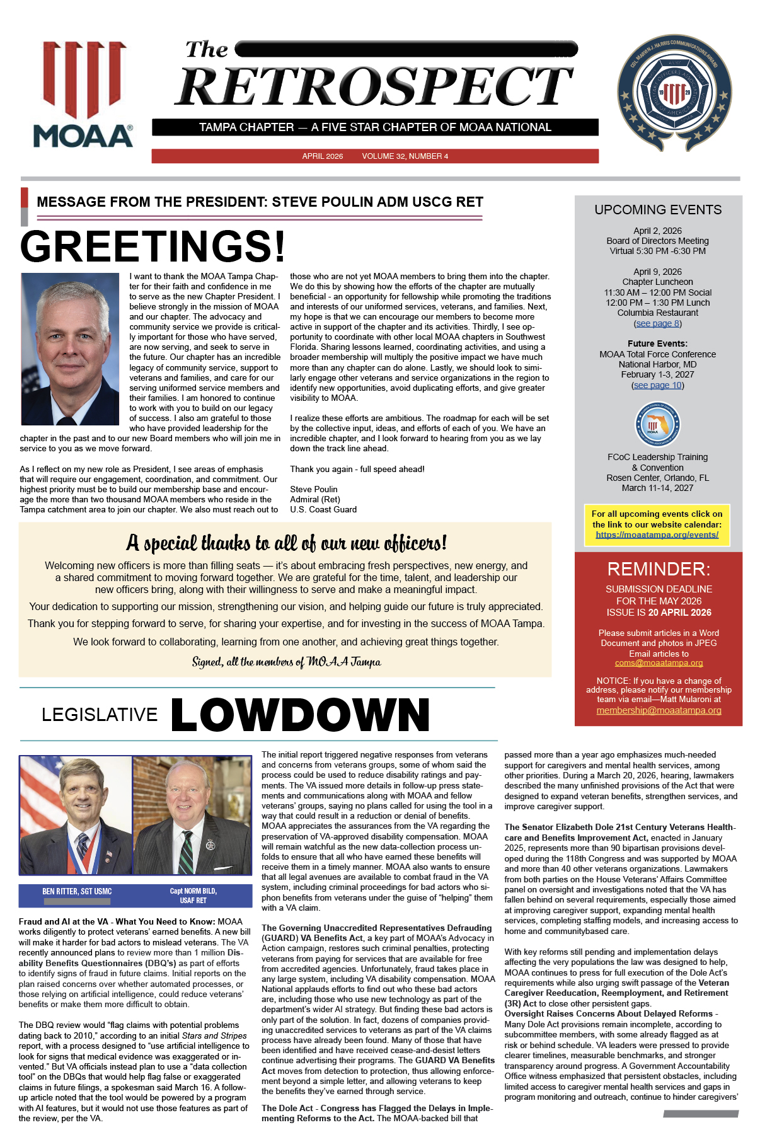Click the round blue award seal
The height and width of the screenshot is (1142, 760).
[674, 93]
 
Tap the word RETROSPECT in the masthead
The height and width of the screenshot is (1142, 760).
[374, 86]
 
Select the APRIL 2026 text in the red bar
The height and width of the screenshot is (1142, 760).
[322, 156]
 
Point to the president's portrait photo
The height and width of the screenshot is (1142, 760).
[70, 349]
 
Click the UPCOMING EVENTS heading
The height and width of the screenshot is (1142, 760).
[658, 210]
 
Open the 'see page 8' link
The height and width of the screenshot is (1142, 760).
[657, 323]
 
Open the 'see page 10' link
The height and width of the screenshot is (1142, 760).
[657, 385]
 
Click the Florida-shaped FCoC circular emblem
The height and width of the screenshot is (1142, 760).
[657, 425]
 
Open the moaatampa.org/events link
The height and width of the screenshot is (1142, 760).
[657, 534]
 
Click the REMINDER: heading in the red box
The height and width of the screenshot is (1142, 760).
[659, 569]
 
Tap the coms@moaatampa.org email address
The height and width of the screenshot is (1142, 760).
[659, 663]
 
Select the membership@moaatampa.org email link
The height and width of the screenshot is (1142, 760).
[659, 710]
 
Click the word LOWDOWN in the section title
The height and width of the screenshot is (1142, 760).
[300, 715]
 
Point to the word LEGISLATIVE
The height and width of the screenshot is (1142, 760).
[100, 715]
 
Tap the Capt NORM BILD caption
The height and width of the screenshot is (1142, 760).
[193, 895]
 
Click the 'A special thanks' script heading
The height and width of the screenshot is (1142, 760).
[286, 543]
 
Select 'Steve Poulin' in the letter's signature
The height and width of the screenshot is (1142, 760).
[313, 489]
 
